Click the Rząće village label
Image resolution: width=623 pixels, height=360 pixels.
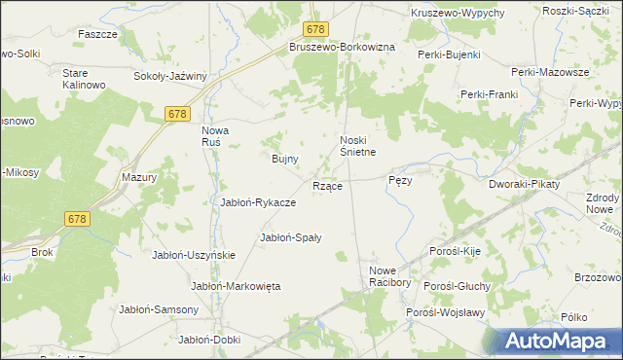click(x=326, y=186)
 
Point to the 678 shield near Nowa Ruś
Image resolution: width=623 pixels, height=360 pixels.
click(x=176, y=115)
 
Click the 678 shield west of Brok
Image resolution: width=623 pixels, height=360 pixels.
click(x=78, y=219)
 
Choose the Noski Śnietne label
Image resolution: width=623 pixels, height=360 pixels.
click(x=357, y=145)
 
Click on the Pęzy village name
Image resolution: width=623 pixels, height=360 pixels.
click(x=401, y=180)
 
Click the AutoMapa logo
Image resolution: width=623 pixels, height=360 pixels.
click(x=559, y=341)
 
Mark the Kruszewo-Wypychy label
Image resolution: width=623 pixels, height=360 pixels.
click(x=458, y=12)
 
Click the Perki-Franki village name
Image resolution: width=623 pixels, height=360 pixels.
click(x=488, y=94)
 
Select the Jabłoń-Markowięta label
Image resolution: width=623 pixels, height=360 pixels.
click(x=236, y=286)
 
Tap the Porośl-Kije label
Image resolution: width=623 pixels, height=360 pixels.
click(x=457, y=251)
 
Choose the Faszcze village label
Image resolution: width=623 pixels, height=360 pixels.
click(x=98, y=33)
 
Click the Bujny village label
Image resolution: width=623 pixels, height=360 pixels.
click(x=283, y=158)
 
